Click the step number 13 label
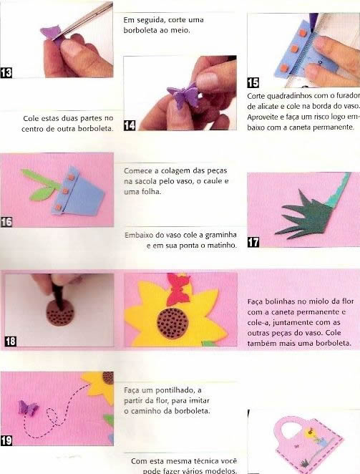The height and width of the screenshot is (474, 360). tap(6, 73)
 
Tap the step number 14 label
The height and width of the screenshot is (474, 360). tap(130, 125)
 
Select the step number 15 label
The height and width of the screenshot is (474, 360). tap(253, 82)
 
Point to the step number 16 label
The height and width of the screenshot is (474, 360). tap(6, 222)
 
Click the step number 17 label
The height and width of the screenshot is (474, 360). tap(253, 242)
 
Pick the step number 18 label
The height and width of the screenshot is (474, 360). tap(10, 342)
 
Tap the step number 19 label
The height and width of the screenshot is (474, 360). tap(6, 440)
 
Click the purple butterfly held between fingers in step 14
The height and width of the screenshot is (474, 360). tap(183, 95)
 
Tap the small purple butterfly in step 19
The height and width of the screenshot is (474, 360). tap(28, 408)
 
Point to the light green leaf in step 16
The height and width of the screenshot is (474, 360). tap(42, 193)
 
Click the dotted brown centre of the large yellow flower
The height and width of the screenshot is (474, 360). tap(172, 323)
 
